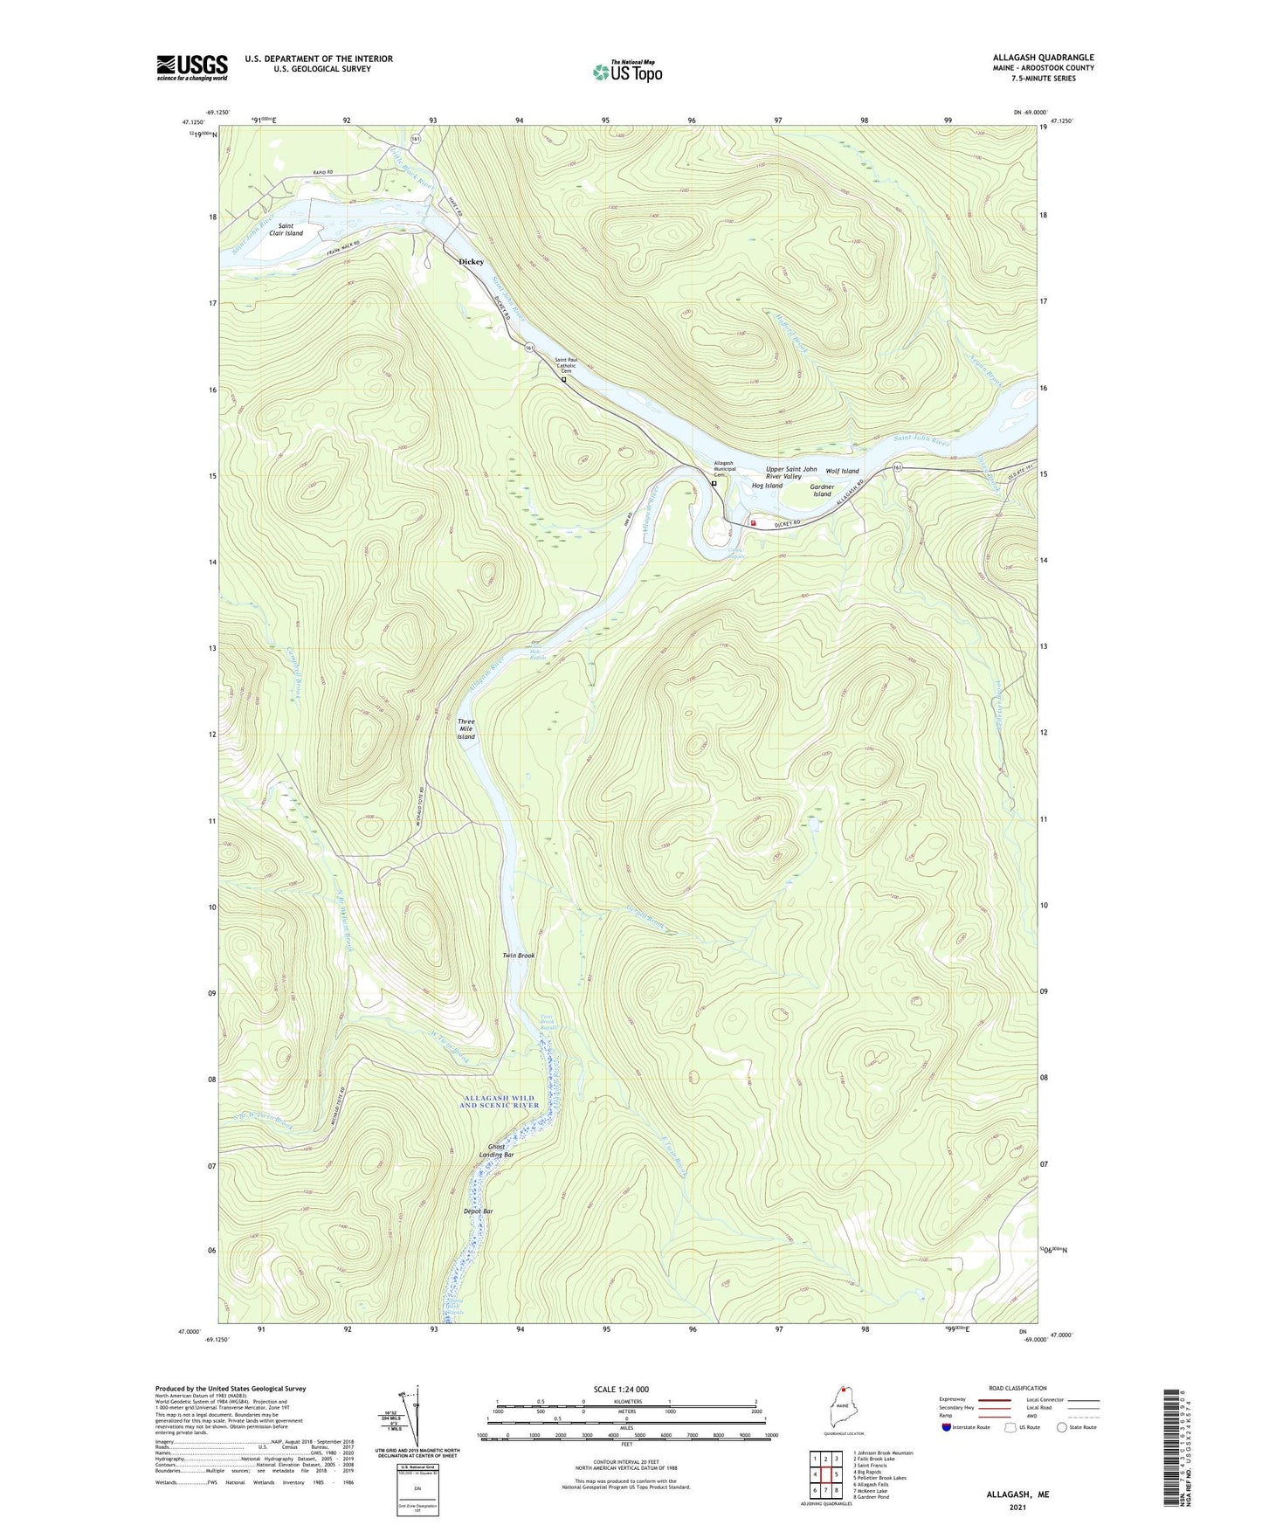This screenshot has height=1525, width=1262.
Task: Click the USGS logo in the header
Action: [192, 66]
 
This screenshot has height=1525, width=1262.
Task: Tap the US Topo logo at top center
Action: [626, 71]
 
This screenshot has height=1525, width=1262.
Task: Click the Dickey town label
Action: [472, 261]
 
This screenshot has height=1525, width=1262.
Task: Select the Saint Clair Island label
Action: [286, 230]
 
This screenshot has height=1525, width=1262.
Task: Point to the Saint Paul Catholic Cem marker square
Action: [563, 379]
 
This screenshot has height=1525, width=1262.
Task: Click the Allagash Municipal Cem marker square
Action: [714, 483]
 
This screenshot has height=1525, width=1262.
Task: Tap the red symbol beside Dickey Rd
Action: [753, 523]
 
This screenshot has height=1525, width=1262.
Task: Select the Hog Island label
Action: [768, 486]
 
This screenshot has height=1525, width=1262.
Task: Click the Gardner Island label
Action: [822, 490]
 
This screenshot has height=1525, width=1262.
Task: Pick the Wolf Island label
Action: [843, 471]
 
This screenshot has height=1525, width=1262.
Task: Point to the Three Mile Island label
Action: [466, 729]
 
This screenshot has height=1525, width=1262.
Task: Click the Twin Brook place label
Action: [518, 956]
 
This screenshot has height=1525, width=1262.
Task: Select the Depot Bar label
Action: [478, 1211]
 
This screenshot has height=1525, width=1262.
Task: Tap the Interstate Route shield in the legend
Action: [947, 1427]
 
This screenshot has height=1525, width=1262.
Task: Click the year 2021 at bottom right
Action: [1017, 1507]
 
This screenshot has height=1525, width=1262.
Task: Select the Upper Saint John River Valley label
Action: [790, 473]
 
